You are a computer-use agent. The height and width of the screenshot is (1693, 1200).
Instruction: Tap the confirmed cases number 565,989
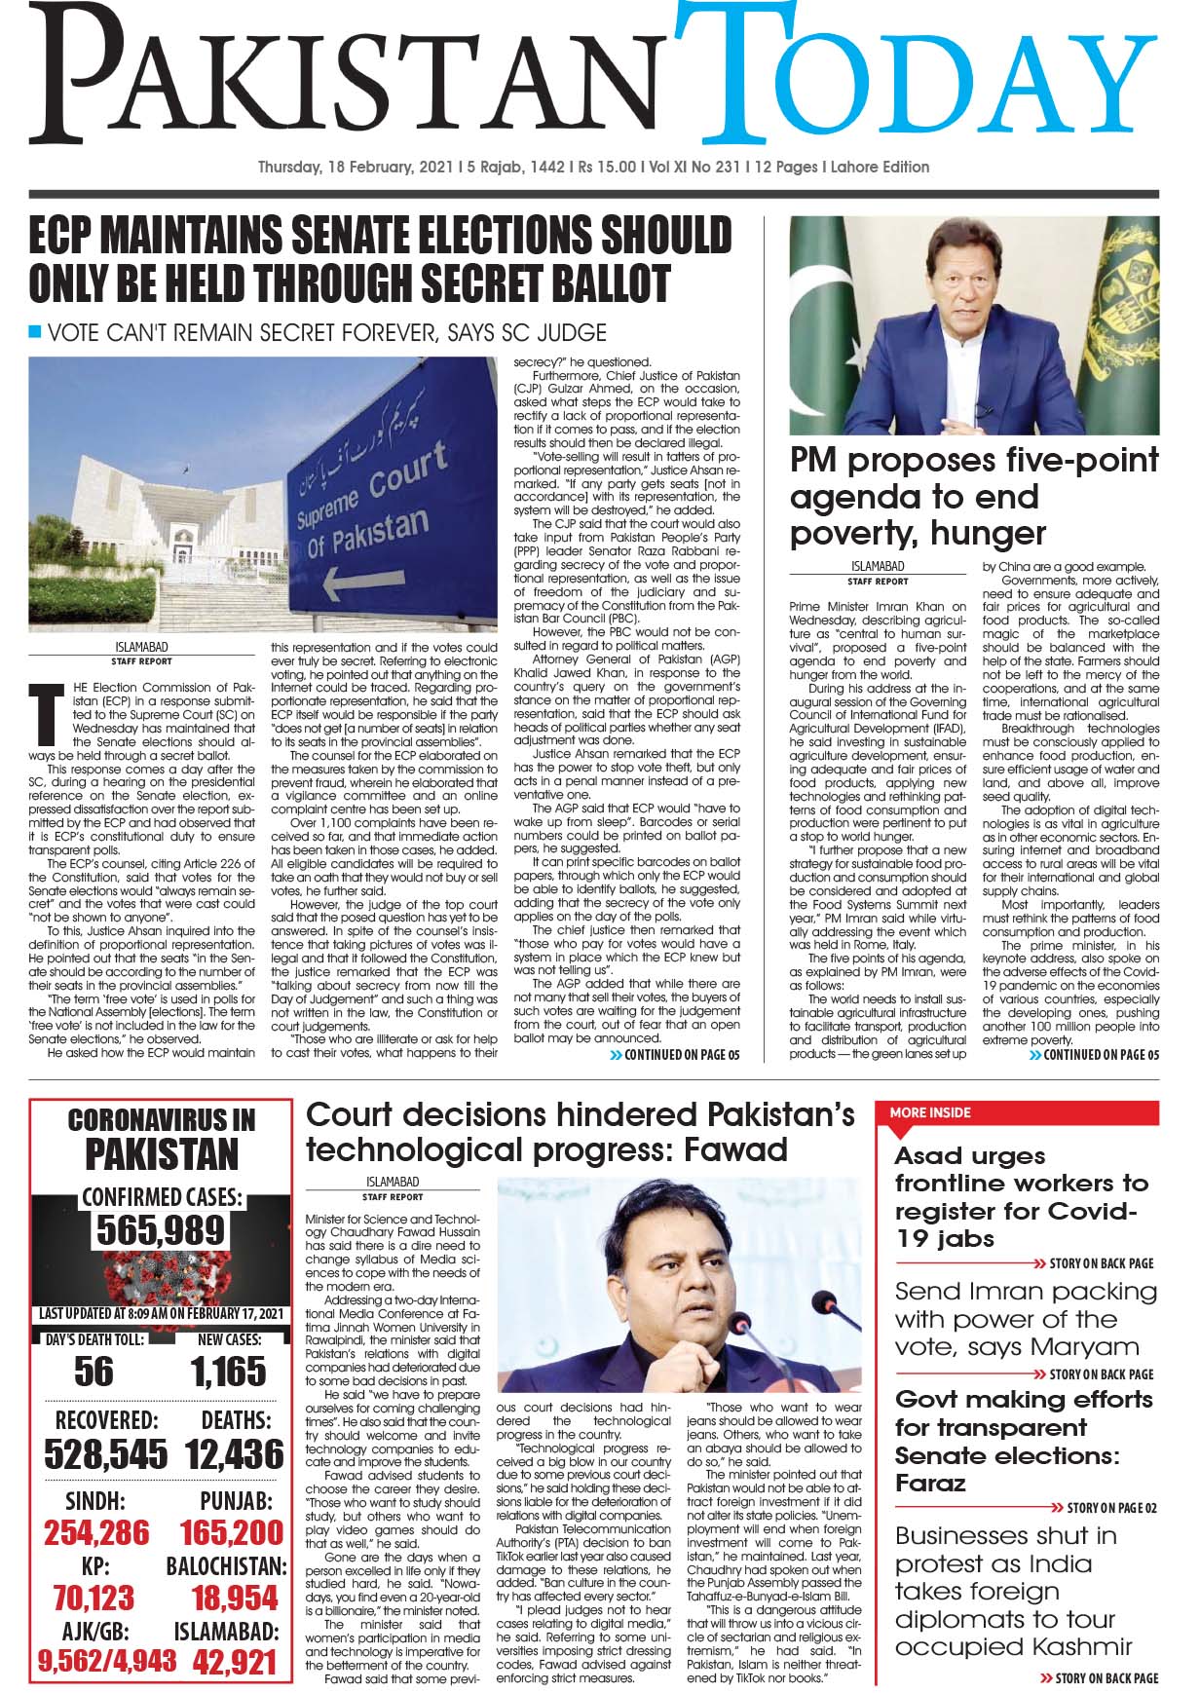tap(162, 1229)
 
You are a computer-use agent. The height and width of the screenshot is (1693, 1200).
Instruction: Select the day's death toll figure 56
tap(94, 1372)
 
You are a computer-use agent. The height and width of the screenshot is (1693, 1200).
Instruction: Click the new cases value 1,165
tap(229, 1372)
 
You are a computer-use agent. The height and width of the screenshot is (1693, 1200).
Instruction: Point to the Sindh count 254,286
tap(96, 1532)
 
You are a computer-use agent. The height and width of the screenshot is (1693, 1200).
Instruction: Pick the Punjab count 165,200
tap(232, 1532)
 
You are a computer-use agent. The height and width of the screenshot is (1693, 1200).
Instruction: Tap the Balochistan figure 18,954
tap(235, 1598)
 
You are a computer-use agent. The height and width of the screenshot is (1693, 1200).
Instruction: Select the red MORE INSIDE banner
tap(1018, 1112)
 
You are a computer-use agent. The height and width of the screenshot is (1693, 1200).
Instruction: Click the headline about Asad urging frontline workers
tap(1021, 1197)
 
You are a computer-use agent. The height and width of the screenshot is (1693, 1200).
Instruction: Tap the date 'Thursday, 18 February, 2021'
tap(356, 168)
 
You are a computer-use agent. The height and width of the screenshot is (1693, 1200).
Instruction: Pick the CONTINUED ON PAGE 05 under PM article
tap(1094, 1055)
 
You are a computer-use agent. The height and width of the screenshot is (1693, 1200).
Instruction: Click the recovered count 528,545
tap(105, 1453)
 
